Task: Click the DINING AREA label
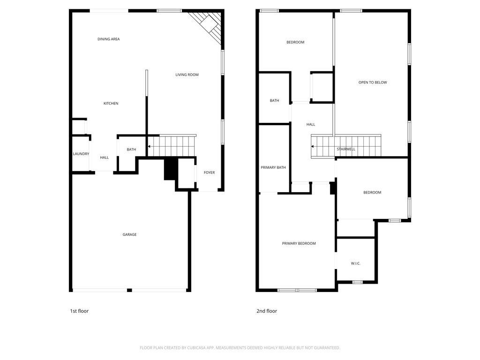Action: (x=108, y=39)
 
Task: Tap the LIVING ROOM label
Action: (x=187, y=75)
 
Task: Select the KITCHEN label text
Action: (x=111, y=103)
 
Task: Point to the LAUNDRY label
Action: (x=81, y=154)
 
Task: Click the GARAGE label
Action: (x=129, y=234)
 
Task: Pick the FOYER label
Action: (x=209, y=172)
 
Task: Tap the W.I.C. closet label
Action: (x=355, y=263)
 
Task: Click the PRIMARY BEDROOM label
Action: (x=299, y=243)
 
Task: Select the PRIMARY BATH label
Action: (x=273, y=167)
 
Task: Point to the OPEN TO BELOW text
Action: (x=373, y=82)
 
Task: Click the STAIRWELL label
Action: (x=346, y=149)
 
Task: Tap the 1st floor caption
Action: (x=79, y=311)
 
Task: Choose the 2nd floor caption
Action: (x=266, y=311)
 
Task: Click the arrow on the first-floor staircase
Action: (x=149, y=147)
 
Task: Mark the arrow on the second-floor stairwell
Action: (x=312, y=147)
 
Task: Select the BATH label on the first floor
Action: (x=131, y=150)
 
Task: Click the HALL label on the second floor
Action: (x=310, y=124)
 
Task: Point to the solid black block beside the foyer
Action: (x=170, y=169)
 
